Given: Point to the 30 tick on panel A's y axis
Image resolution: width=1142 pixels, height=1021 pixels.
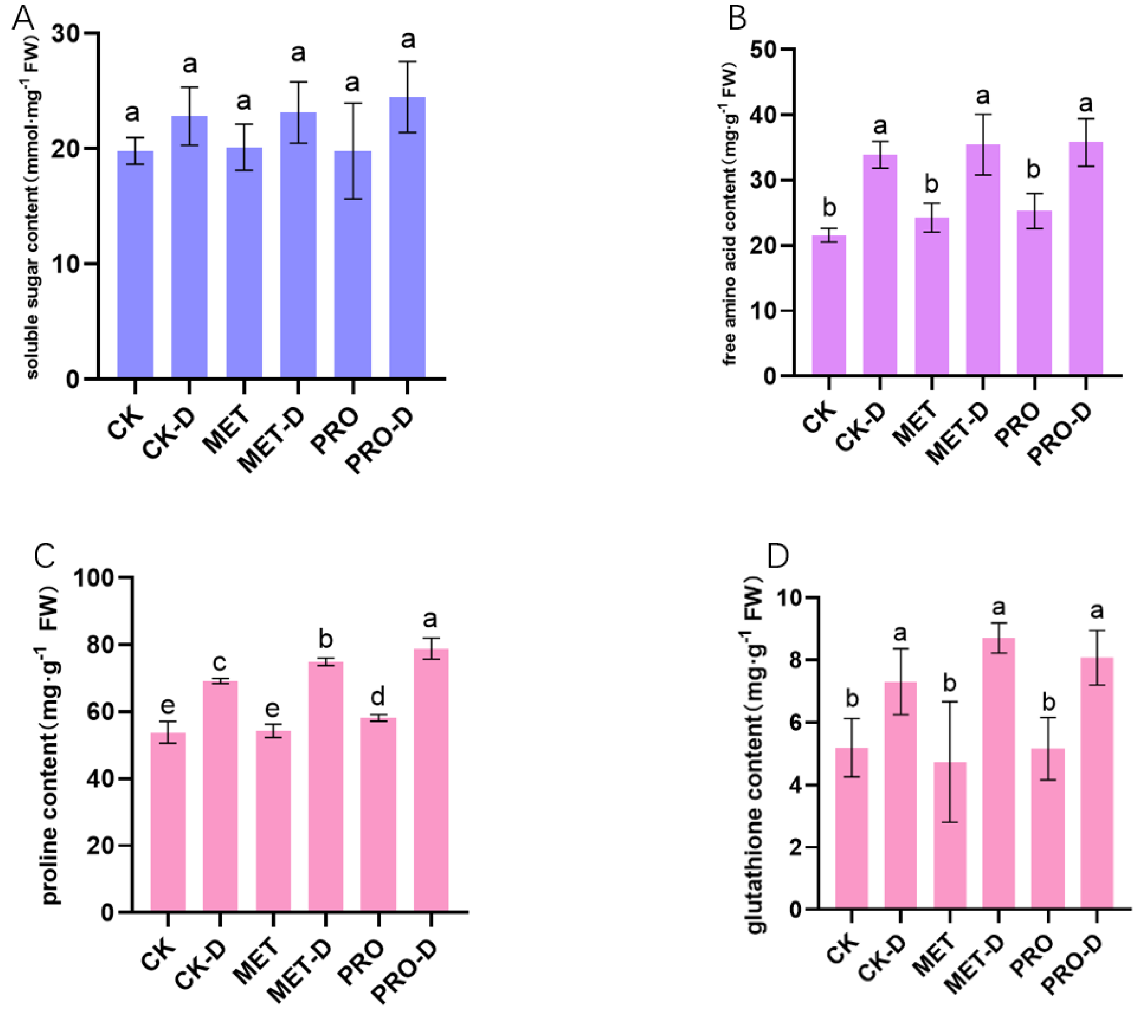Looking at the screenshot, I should click(66, 34).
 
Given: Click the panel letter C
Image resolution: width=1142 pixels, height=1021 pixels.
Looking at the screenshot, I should click(44, 556).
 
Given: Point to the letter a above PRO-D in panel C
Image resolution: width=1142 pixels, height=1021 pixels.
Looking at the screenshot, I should click(431, 619).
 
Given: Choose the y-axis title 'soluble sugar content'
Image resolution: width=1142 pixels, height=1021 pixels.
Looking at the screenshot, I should click(33, 207).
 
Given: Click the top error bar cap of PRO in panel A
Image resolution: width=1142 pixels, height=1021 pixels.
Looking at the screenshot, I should click(353, 103).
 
